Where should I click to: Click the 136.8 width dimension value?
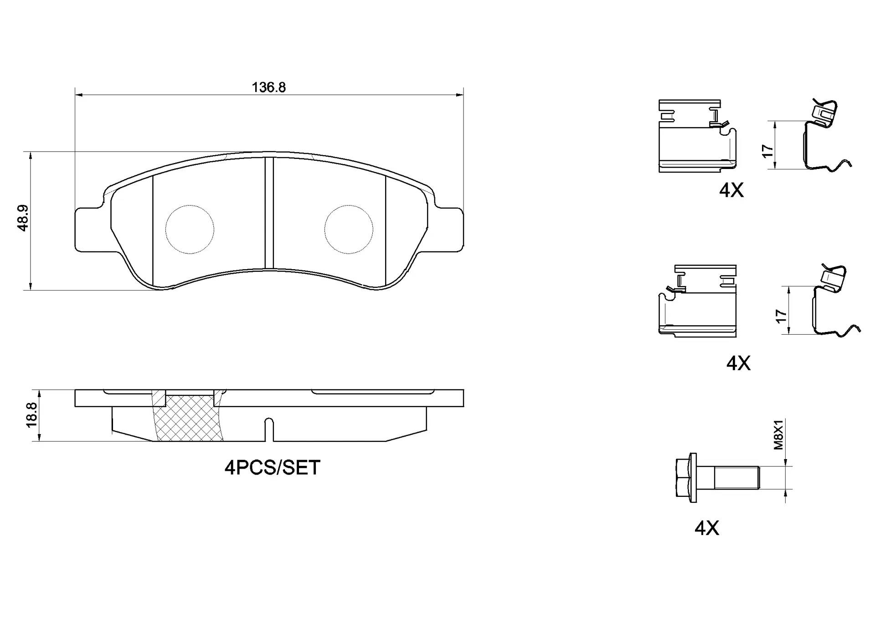(269, 87)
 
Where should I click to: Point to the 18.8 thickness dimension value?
(31, 414)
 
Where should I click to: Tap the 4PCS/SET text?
(273, 468)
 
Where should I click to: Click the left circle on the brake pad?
(166, 230)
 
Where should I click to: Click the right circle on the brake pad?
(324, 230)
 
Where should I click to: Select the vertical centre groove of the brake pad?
(269, 213)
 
